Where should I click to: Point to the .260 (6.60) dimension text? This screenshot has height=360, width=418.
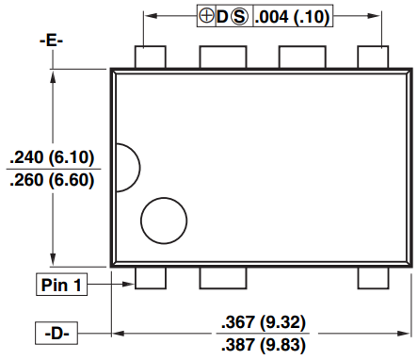point(52,181)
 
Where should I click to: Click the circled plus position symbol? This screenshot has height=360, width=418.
point(205,17)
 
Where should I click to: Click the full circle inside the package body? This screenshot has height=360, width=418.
point(164,221)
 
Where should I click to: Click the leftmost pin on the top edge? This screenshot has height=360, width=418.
point(149,57)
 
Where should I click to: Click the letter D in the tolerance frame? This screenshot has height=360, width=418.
point(222,17)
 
